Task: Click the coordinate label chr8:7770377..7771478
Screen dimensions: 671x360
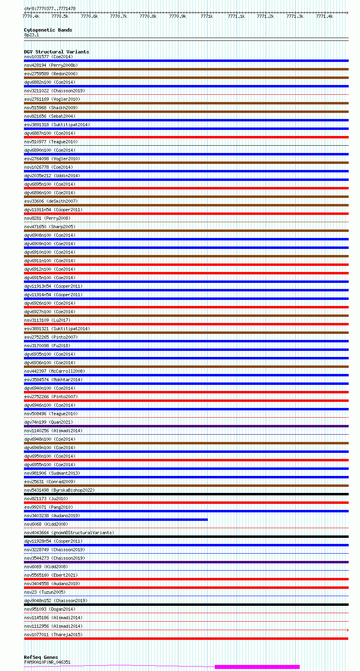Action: pos(50,8)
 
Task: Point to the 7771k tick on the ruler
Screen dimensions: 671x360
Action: pos(206,16)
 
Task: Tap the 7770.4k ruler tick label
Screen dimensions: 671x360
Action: pos(31,16)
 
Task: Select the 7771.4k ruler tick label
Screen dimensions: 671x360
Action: pos(324,16)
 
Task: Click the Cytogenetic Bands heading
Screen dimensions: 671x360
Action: pos(48,30)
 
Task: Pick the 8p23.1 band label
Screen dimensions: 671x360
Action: pos(32,35)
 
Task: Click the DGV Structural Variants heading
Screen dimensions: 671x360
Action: pos(56,52)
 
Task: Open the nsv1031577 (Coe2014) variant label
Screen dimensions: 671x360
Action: pos(48,57)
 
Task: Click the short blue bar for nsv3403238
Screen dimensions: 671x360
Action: pos(116,520)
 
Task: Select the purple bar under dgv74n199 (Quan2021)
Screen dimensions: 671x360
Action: pos(186,426)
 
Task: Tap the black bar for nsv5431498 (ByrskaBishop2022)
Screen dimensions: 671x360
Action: pos(186,494)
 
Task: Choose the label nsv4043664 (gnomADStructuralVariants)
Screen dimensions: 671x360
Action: pos(69,533)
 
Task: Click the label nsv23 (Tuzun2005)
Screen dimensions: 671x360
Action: pos(44,592)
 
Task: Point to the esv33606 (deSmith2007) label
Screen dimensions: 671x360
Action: pos(51,201)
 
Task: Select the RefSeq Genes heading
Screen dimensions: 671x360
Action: pos(41,657)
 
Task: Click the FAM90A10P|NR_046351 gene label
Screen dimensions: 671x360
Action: pos(47,662)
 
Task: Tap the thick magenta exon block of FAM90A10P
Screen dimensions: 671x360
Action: pos(257,667)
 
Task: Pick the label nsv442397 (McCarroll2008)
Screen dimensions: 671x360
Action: pos(54,371)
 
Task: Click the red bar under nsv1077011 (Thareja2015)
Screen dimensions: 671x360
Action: pos(186,639)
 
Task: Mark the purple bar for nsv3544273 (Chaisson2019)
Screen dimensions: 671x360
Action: pos(186,562)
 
